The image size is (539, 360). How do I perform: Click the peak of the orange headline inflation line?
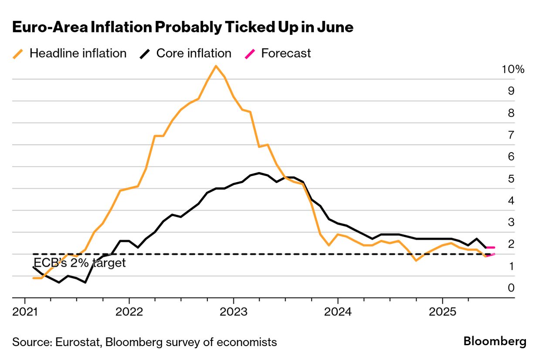coord(216,66)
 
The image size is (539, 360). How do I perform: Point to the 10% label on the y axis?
coord(513,69)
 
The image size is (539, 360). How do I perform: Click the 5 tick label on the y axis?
coord(511,179)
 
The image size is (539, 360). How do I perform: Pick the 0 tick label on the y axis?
coord(511,288)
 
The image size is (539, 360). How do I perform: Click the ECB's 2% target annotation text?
coord(79,263)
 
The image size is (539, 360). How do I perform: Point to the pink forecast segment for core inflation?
coord(490,248)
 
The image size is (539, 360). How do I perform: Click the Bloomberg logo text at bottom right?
coord(495,341)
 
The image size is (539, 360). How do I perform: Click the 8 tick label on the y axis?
coord(511,113)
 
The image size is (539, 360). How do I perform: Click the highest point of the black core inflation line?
coord(259,173)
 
